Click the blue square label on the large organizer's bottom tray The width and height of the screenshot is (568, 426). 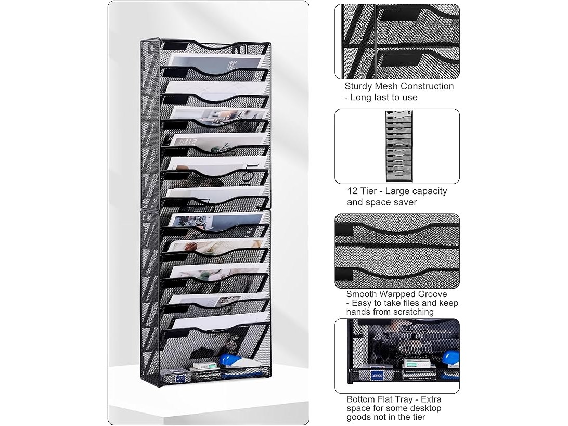(180, 378)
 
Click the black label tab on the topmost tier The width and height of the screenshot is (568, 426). (175, 46)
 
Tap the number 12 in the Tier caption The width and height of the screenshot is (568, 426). (352, 191)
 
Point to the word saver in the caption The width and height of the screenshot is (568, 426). (405, 202)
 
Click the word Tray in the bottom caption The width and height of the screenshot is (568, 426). (404, 399)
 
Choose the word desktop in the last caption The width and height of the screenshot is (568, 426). (426, 408)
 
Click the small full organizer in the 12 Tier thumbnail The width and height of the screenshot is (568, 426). (399, 146)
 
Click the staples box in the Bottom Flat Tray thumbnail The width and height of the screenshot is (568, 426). (415, 364)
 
